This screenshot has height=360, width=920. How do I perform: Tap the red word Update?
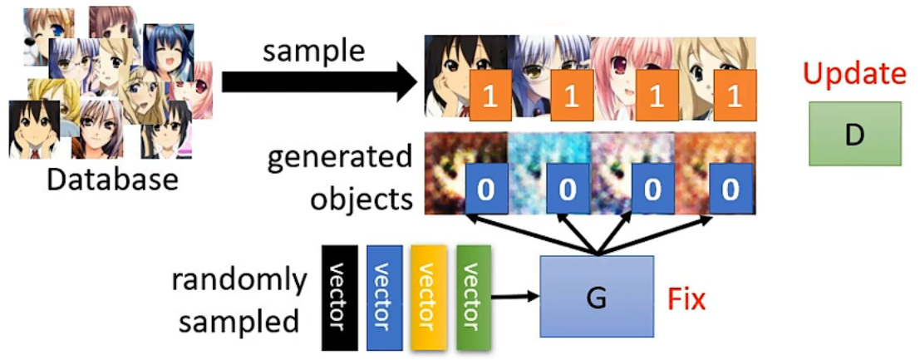pos(855,74)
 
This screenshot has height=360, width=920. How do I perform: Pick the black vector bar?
pos(339,297)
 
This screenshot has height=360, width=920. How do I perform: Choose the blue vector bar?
pos(383,297)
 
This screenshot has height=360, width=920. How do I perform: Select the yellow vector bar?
pos(428,297)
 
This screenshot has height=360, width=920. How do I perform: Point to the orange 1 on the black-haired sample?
pos(489,96)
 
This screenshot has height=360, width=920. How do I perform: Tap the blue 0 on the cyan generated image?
pos(568,190)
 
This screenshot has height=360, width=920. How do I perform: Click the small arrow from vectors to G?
pos(516,295)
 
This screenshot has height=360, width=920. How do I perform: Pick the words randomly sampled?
pos(239,299)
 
